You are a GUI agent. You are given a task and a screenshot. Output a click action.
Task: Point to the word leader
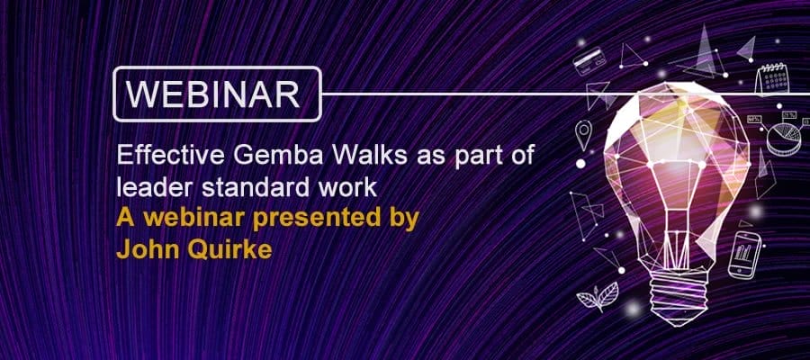tap(146, 187)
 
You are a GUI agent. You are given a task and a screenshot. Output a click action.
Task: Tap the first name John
tap(140, 249)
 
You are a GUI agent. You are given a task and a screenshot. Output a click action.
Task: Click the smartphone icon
tap(744, 256)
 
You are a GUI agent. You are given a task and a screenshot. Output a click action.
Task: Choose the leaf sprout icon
tap(602, 295)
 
